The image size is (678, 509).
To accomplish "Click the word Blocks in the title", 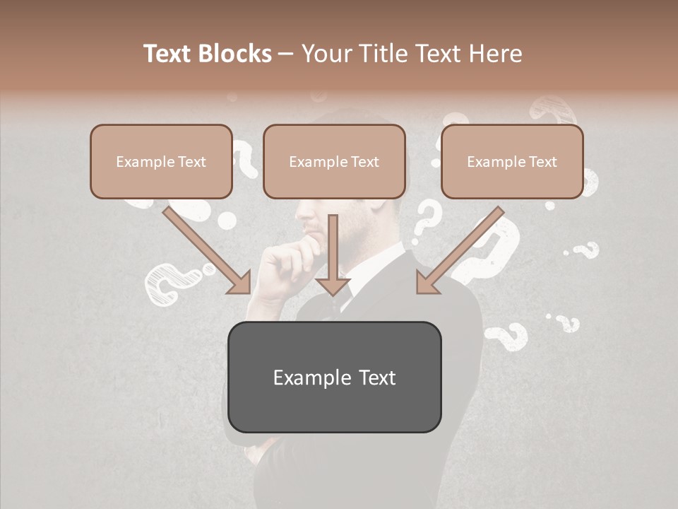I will coord(234,54).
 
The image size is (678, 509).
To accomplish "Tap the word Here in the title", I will coord(494,54).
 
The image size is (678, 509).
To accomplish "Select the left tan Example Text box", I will coord(161,161).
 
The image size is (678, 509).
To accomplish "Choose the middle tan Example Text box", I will coord(334,161).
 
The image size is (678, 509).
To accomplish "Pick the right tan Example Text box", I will coord(512,161).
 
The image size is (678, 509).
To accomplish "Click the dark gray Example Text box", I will coord(334,377).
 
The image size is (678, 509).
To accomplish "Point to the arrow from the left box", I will coord(208,251).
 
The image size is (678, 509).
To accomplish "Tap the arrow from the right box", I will coord(459,251).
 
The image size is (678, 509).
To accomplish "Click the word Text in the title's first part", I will coord(167,54).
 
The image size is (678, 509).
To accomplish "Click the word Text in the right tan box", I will coord(542,162).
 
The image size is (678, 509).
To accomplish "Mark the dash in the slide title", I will coord(286,54).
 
